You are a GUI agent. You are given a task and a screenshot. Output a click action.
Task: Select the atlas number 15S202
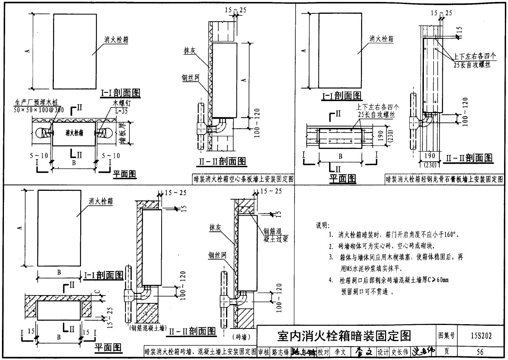tap(480, 336)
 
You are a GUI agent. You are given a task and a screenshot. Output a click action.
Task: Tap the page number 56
tap(480, 352)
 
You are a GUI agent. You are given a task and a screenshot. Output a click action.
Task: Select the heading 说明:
tap(323, 225)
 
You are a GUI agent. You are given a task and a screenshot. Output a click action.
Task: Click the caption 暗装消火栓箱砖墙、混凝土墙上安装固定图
tap(201, 351)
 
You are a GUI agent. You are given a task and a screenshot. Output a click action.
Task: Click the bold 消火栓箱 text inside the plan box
tap(74, 133)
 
